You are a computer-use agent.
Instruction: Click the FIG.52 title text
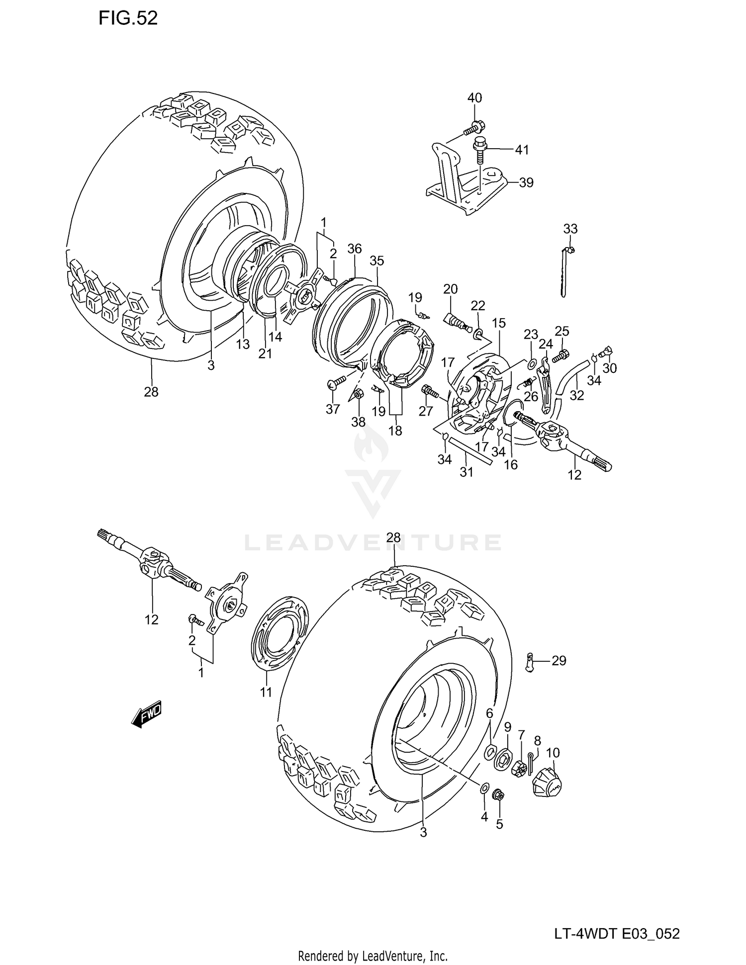128,18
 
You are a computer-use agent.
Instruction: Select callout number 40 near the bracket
474,98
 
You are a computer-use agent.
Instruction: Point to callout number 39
526,182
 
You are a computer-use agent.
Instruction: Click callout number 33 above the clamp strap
570,229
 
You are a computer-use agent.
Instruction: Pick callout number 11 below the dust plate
266,692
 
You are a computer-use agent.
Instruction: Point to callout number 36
354,249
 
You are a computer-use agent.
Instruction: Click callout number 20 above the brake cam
450,289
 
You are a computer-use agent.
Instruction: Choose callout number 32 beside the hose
577,395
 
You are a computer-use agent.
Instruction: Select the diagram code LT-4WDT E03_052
617,920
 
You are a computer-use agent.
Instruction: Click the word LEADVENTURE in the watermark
373,542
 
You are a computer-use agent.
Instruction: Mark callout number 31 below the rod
466,471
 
